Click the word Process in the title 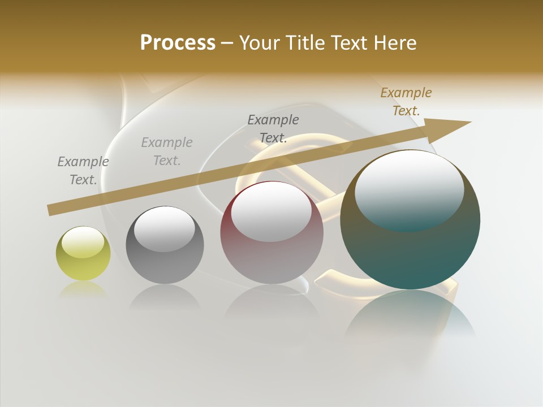[x=178, y=43]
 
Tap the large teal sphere [x=410, y=254]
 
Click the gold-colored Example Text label [x=406, y=102]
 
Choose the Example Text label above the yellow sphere [x=83, y=171]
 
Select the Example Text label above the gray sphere [x=167, y=151]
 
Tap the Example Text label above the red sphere [x=273, y=128]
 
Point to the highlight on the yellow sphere [x=83, y=243]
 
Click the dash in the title [x=227, y=43]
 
